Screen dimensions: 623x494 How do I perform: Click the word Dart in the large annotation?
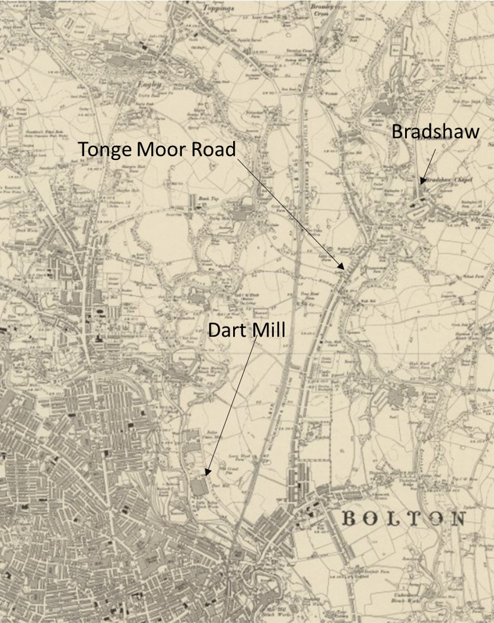coord(228,330)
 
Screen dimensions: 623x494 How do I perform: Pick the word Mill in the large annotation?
coord(267,330)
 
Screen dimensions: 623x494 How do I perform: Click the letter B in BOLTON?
coord(350,519)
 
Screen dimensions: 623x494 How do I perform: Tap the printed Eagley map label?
coord(145,85)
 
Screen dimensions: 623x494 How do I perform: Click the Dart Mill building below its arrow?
coord(199,487)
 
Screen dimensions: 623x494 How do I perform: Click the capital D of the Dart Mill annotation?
coord(215,330)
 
